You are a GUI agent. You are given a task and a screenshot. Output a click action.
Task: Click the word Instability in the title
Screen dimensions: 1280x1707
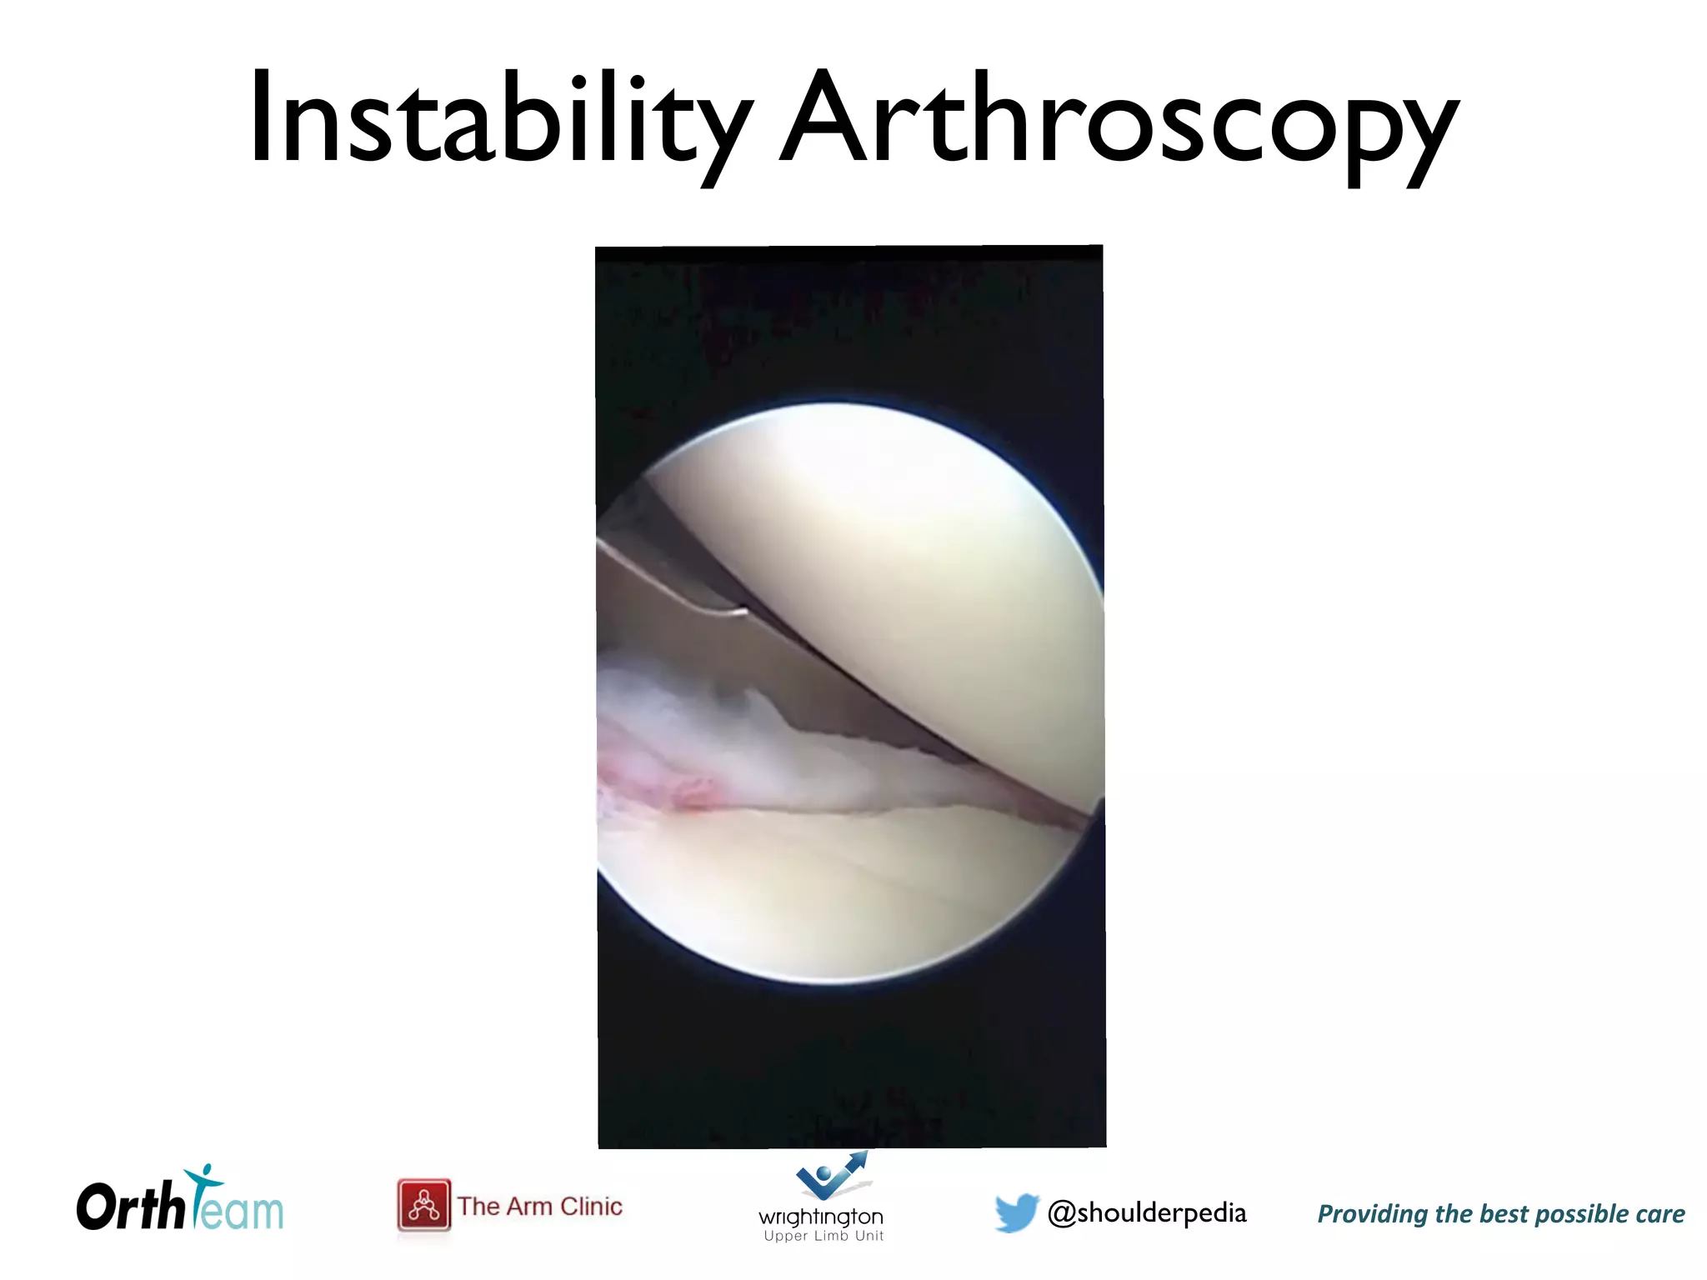[x=501, y=118]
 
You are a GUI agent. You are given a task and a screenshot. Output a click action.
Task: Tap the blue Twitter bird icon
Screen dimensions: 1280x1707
[x=1017, y=1212]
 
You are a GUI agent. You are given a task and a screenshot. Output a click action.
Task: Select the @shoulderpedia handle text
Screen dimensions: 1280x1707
[x=1147, y=1212]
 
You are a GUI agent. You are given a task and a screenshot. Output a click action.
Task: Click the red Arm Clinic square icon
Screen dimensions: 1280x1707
[x=424, y=1205]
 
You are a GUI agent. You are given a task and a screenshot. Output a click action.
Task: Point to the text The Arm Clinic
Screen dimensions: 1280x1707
[x=539, y=1206]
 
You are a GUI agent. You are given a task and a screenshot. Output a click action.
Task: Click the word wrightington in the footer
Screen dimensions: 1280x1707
[x=821, y=1217]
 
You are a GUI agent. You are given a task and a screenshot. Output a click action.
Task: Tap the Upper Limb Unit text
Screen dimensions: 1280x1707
[x=823, y=1236]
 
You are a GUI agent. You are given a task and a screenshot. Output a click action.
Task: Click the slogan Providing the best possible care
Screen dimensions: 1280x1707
[x=1500, y=1214]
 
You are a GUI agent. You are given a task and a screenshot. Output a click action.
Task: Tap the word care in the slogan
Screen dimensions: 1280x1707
[x=1659, y=1214]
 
